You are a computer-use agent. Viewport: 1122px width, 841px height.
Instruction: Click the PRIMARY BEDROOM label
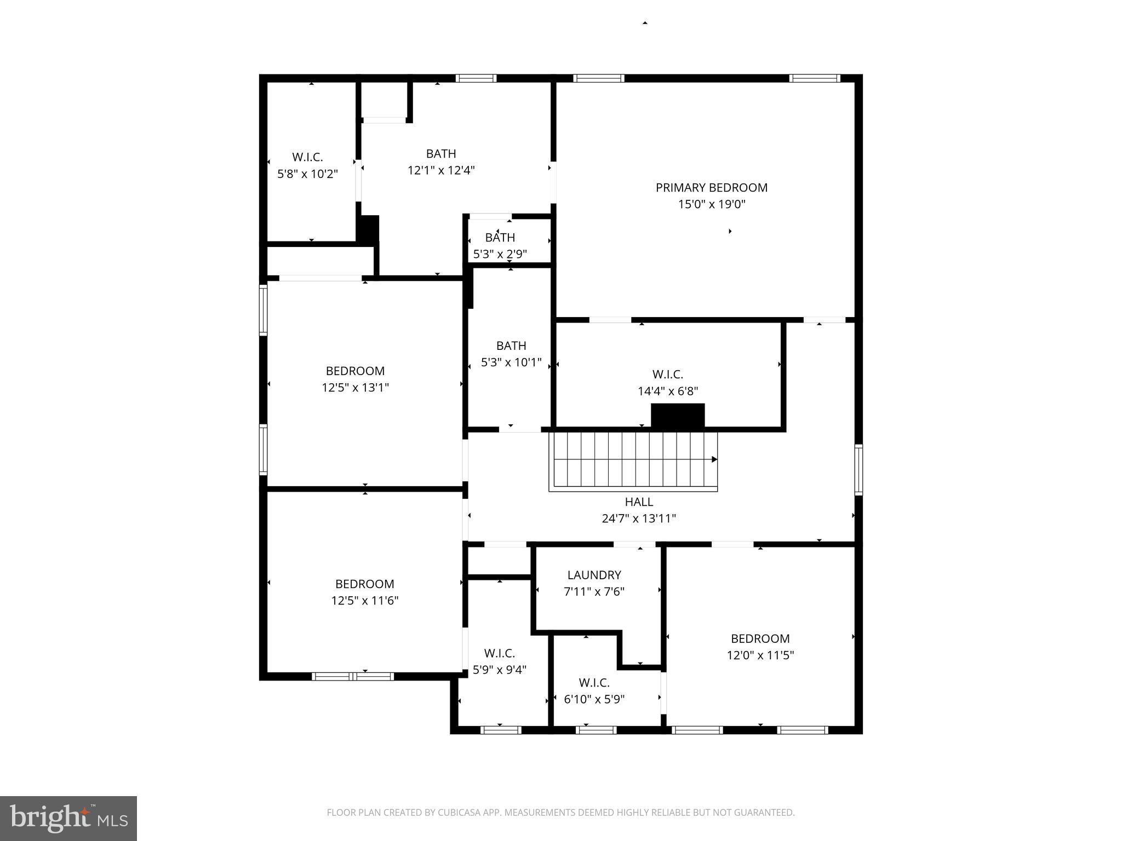click(x=711, y=188)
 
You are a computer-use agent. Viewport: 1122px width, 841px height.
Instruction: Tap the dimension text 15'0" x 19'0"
click(x=711, y=205)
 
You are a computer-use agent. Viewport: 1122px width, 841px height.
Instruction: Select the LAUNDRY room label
click(x=594, y=575)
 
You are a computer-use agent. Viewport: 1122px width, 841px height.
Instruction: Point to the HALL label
click(x=639, y=502)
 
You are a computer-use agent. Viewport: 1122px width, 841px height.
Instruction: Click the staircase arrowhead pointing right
click(x=714, y=459)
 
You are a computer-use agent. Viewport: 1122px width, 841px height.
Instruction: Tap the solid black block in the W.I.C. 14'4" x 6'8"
click(x=677, y=415)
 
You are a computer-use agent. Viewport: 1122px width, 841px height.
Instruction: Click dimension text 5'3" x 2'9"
click(x=500, y=254)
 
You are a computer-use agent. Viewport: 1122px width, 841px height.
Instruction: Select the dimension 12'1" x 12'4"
click(x=441, y=170)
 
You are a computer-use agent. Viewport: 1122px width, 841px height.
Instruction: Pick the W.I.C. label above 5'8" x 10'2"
click(x=307, y=157)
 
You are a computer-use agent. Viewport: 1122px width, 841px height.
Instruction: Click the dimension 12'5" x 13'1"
click(x=355, y=388)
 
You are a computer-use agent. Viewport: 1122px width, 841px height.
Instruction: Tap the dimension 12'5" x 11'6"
click(x=364, y=601)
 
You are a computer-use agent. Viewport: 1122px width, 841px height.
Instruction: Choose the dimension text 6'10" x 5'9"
click(x=594, y=699)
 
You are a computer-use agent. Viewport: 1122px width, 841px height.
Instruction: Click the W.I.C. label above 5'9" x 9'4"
click(x=499, y=653)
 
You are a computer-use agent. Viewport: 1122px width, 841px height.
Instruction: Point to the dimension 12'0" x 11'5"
click(x=760, y=655)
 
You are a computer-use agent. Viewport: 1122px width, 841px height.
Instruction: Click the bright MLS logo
click(x=68, y=818)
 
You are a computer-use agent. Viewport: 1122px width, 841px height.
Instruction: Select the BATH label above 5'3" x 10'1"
click(x=511, y=345)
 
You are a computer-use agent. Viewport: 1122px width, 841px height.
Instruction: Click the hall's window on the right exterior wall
click(x=858, y=470)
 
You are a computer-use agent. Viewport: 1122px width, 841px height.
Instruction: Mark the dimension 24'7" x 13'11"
click(x=639, y=519)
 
